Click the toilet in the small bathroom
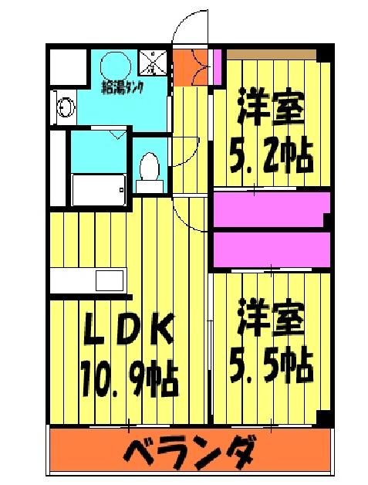pos(149,171)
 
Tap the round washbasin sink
pos(63,107)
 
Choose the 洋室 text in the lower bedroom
pos(270,319)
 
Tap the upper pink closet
pos(270,208)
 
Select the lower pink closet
pos(270,248)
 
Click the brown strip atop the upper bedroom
pos(271,52)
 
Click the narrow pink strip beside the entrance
pos(218,65)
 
